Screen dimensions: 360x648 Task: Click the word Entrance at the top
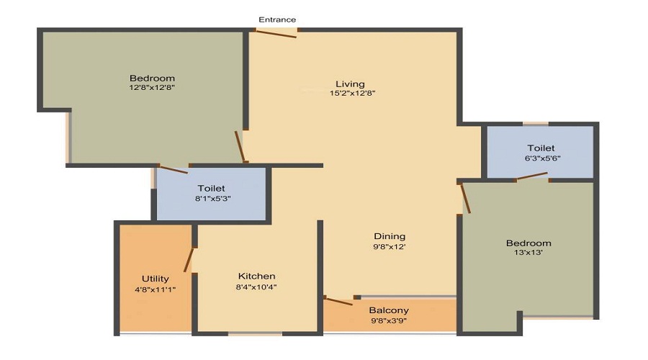click(277, 19)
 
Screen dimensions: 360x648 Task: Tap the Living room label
click(350, 84)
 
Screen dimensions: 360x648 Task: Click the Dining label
click(389, 236)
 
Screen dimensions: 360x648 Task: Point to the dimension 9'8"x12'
click(389, 246)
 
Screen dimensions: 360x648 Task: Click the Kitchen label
click(256, 276)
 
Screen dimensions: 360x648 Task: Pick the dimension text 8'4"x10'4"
click(256, 287)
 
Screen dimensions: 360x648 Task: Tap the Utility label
click(155, 279)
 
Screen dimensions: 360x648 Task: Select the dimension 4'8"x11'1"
click(155, 289)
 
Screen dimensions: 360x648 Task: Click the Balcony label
click(389, 310)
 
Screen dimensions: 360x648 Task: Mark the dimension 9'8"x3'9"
click(389, 320)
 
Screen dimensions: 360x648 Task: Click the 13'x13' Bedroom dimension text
click(528, 253)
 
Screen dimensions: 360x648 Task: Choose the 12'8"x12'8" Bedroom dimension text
click(152, 88)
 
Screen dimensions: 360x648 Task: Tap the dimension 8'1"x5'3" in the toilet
click(211, 199)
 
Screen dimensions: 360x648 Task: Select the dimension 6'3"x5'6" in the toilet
click(539, 158)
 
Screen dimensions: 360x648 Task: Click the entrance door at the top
click(276, 33)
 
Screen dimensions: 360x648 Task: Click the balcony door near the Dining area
click(338, 300)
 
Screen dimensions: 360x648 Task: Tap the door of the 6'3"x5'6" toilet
click(533, 176)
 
